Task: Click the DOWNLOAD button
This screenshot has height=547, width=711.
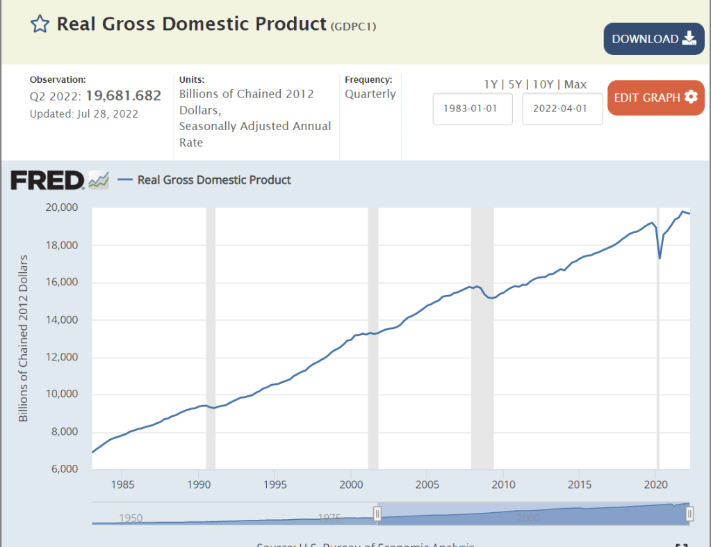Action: pos(654,39)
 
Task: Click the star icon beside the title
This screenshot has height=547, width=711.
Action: pos(40,24)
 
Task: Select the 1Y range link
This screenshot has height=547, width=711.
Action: pos(491,84)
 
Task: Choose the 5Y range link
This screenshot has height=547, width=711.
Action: pos(515,84)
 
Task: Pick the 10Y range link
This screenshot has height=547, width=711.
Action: pos(543,84)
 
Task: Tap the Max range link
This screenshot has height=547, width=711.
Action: pos(575,84)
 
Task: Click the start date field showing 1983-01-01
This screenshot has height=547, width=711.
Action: pos(473,109)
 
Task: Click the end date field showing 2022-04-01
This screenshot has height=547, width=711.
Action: pos(562,109)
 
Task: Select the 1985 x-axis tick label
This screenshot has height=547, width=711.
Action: pos(122,484)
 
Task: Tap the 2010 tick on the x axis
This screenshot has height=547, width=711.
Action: pos(504,484)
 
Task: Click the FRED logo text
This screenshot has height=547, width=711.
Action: pos(47,180)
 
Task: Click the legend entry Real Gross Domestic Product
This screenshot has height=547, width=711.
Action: pos(214,180)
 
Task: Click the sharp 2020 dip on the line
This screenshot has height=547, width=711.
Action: pos(660,258)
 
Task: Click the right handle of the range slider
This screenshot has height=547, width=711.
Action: pos(690,514)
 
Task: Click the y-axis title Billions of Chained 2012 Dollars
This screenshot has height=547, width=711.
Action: pos(24,338)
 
